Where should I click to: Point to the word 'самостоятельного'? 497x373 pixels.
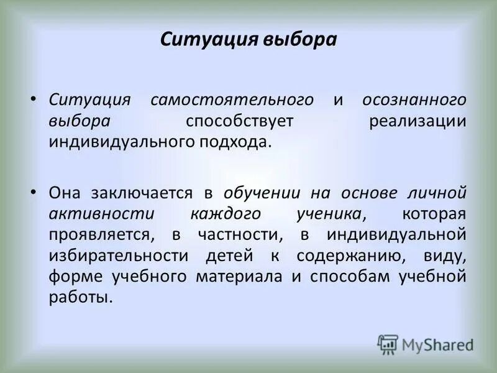click(231, 100)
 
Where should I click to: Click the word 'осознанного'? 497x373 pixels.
click(414, 100)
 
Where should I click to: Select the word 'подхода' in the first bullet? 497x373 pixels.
click(239, 142)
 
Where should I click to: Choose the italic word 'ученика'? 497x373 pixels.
click(329, 214)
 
